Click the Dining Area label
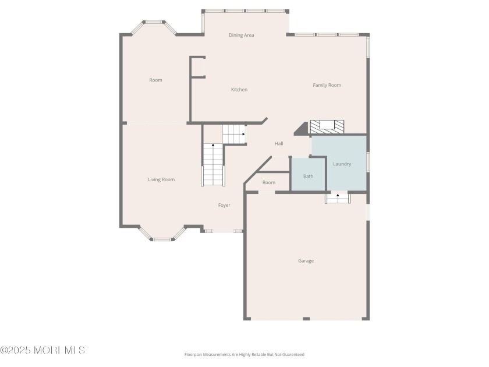pyautogui.click(x=242, y=36)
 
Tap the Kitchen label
pyautogui.click(x=239, y=90)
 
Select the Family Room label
pyautogui.click(x=327, y=85)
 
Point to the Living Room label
pyautogui.click(x=161, y=179)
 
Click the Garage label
pyautogui.click(x=306, y=261)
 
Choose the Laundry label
pyautogui.click(x=342, y=164)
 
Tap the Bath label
pyautogui.click(x=309, y=177)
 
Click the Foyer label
pyautogui.click(x=224, y=205)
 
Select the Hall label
pyautogui.click(x=279, y=143)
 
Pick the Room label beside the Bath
pyautogui.click(x=269, y=182)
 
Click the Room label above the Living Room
pyautogui.click(x=155, y=80)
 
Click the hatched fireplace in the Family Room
pyautogui.click(x=327, y=127)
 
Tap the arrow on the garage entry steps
pyautogui.click(x=338, y=195)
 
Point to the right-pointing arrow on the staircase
pyautogui.click(x=243, y=134)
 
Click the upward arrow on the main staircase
pyautogui.click(x=213, y=145)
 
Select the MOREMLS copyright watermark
pyautogui.click(x=42, y=350)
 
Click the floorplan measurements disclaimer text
pyautogui.click(x=244, y=355)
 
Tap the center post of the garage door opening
pyautogui.click(x=306, y=319)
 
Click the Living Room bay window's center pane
pyautogui.click(x=162, y=239)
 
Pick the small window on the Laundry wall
pyautogui.click(x=368, y=162)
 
